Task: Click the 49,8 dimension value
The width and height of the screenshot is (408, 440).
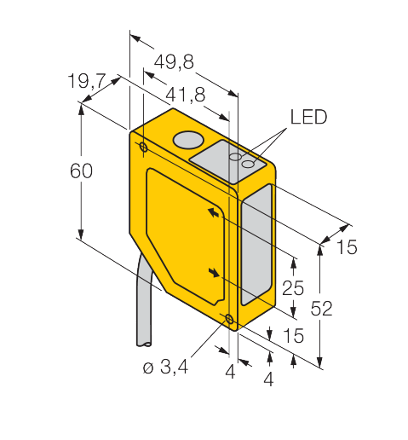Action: click(174, 61)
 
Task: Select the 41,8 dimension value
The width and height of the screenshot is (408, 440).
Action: click(185, 95)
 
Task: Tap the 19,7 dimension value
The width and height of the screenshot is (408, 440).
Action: click(87, 80)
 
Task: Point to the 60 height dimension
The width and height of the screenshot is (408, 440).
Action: click(81, 171)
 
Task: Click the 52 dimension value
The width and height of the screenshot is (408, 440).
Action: click(321, 308)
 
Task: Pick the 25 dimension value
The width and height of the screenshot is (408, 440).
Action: click(293, 287)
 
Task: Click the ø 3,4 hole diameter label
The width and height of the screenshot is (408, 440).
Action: click(165, 367)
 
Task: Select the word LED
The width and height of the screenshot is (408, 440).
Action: click(308, 117)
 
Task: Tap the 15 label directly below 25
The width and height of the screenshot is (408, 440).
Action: click(294, 335)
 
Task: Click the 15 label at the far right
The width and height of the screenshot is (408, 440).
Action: click(347, 246)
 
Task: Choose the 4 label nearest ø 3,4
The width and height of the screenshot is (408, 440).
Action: click(230, 372)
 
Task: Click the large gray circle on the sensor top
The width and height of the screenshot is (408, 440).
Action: click(188, 140)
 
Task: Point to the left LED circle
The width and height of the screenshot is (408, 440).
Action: click(235, 156)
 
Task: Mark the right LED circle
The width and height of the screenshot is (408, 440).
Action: click(248, 164)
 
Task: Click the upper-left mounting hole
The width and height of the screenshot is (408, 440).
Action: click(144, 148)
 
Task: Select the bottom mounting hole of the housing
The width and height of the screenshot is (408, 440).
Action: click(229, 319)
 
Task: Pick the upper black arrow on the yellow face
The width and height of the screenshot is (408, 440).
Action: click(214, 212)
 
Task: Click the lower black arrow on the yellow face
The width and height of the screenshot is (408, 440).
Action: click(214, 272)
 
